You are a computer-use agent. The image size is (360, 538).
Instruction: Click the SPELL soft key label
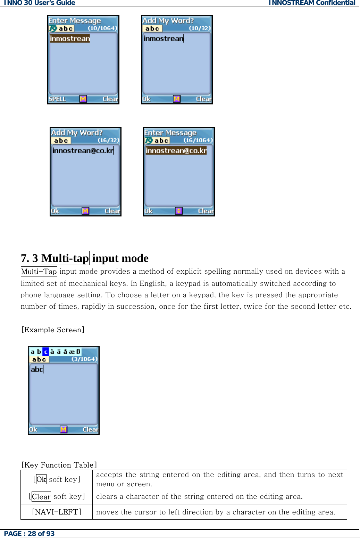tap(57, 99)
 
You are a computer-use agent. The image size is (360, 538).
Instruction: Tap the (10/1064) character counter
tap(102, 28)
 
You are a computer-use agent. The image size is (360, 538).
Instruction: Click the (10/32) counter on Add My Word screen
tap(200, 28)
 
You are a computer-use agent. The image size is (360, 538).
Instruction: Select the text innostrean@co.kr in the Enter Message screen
tap(176, 151)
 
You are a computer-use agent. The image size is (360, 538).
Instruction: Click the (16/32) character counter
tap(108, 140)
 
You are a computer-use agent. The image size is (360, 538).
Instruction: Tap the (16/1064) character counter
tap(198, 140)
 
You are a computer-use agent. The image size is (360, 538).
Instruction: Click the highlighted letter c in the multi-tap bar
tap(45, 352)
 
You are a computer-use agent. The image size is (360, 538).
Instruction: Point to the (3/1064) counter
tap(84, 359)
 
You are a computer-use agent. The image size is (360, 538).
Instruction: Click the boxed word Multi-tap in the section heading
tap(65, 258)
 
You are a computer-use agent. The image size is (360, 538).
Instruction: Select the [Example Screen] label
tap(53, 330)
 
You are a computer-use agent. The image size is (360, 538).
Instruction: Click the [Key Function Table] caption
tap(59, 465)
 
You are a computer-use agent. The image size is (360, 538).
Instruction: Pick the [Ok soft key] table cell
tap(57, 479)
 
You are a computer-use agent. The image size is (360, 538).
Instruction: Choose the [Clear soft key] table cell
tap(57, 496)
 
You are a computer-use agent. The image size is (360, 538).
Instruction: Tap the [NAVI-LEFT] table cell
tap(57, 512)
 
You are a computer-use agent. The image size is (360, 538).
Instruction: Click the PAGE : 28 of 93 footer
tap(30, 533)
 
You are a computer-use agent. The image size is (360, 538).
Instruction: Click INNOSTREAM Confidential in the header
tap(312, 3)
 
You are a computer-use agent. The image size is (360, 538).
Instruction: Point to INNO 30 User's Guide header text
tap(40, 3)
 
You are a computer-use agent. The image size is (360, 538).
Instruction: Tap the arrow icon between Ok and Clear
tap(179, 211)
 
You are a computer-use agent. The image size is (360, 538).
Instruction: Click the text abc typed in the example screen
tap(37, 369)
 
